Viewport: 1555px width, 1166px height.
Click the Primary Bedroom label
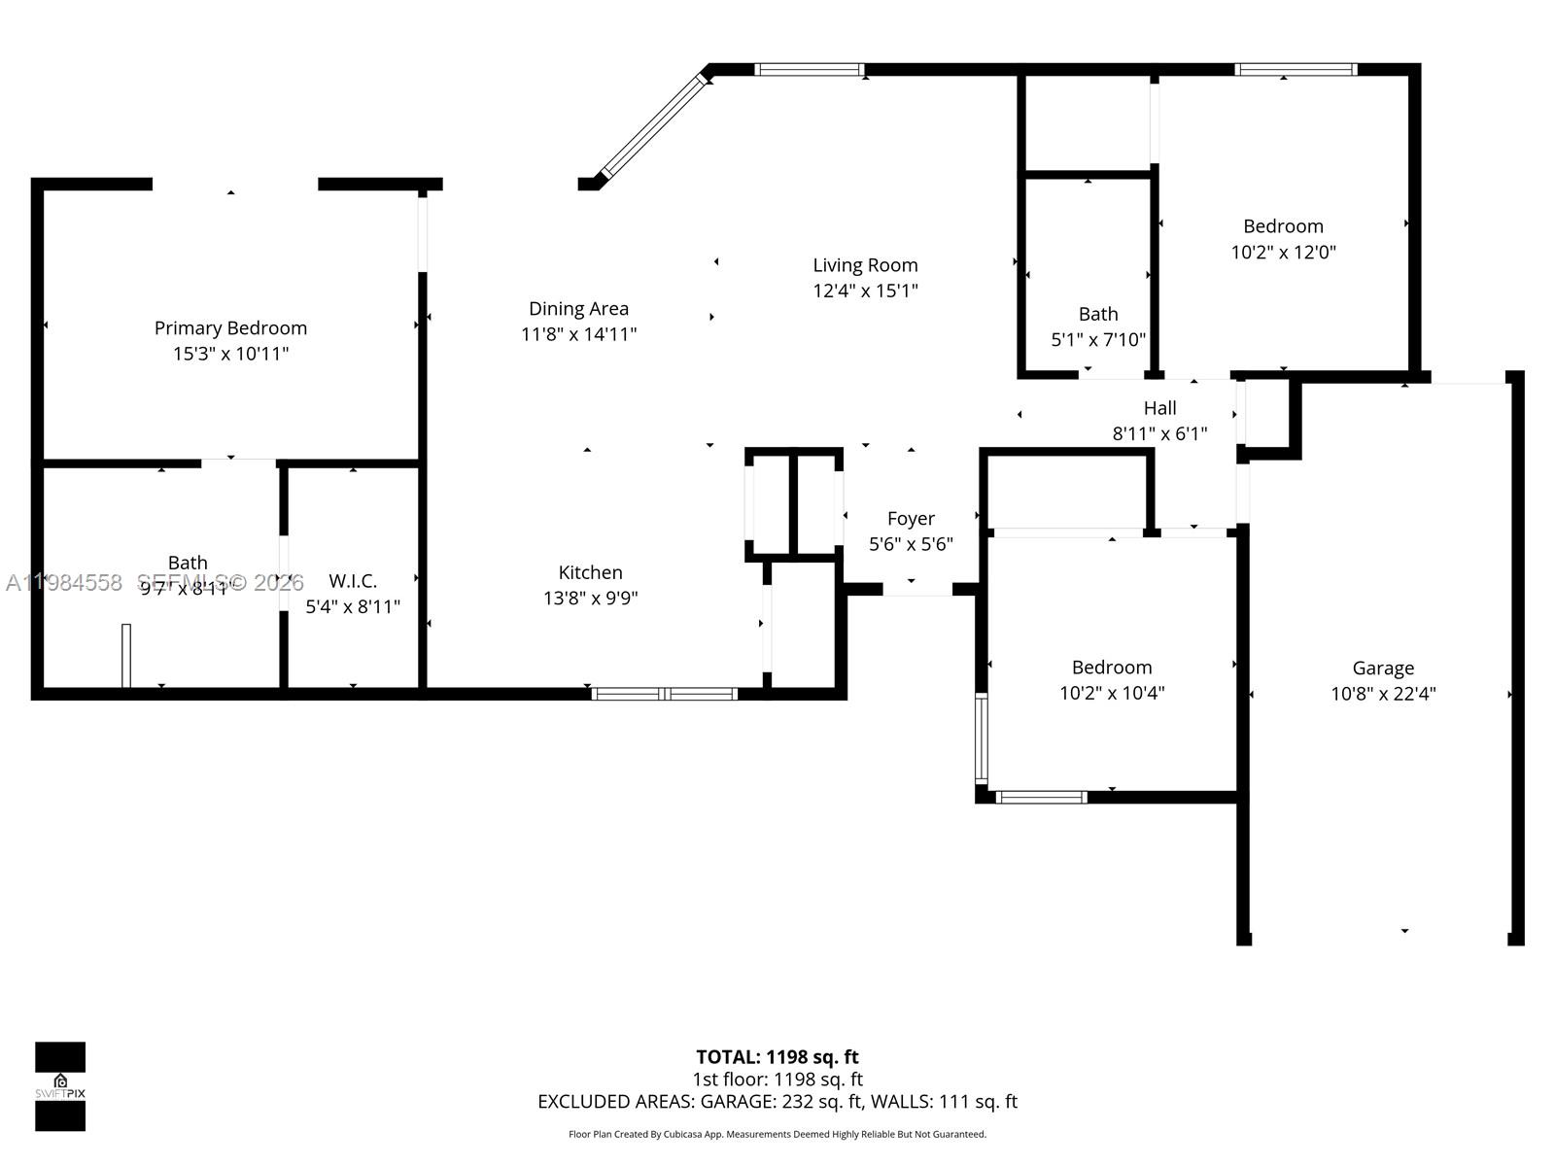[230, 328]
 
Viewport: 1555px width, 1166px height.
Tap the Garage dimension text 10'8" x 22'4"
[1383, 694]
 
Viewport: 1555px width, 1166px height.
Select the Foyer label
[911, 519]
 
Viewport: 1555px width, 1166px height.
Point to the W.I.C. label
[353, 581]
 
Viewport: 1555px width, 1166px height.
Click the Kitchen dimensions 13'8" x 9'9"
[590, 599]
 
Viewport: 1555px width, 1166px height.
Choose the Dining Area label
[578, 309]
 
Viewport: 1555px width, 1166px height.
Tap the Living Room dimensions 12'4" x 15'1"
[865, 291]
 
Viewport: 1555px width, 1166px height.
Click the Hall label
[1159, 408]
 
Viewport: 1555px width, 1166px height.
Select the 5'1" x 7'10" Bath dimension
[1098, 340]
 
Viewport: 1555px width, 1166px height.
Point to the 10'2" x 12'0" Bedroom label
[1283, 226]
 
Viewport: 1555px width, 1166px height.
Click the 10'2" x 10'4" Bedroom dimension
[1112, 693]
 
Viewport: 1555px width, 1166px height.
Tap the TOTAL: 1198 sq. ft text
[777, 1057]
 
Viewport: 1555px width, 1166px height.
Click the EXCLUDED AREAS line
[777, 1102]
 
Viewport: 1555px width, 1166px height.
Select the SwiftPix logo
[60, 1086]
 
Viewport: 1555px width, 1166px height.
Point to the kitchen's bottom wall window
[665, 694]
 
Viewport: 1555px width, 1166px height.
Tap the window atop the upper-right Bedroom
[1296, 69]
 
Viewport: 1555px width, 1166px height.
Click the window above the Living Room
[809, 69]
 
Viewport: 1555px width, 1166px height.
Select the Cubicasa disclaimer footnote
[777, 1135]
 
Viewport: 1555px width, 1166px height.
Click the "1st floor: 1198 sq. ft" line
[777, 1080]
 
